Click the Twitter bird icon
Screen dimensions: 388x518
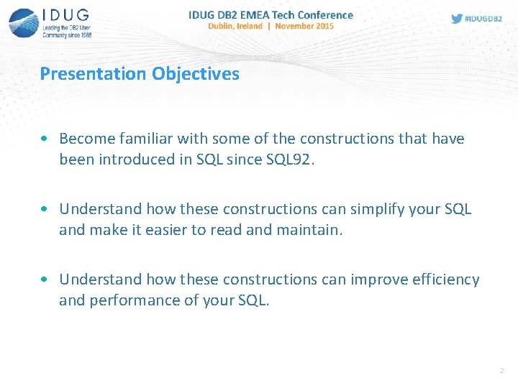457,19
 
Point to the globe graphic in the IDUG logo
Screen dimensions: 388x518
24,23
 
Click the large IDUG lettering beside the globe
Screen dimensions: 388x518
67,15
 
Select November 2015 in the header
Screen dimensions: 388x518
306,26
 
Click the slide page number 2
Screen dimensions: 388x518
501,371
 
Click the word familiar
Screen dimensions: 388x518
147,139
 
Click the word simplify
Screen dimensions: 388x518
377,209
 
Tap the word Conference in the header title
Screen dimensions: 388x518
324,14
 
